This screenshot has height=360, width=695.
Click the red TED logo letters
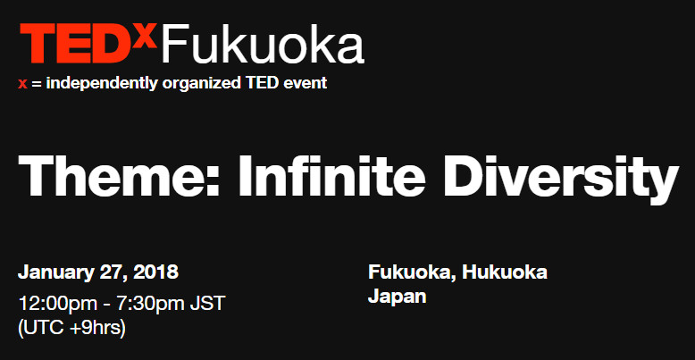coord(78,44)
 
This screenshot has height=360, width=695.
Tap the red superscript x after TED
coord(148,34)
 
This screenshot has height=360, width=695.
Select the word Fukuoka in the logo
coord(263,45)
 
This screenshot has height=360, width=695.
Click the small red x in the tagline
coord(22,85)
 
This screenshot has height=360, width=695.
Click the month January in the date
coord(55,272)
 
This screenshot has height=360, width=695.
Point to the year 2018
coord(156,272)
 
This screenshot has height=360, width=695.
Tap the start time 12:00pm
coord(54,303)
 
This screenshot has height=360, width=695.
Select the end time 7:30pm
coord(154,303)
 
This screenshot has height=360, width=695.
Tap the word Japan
coord(397,296)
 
